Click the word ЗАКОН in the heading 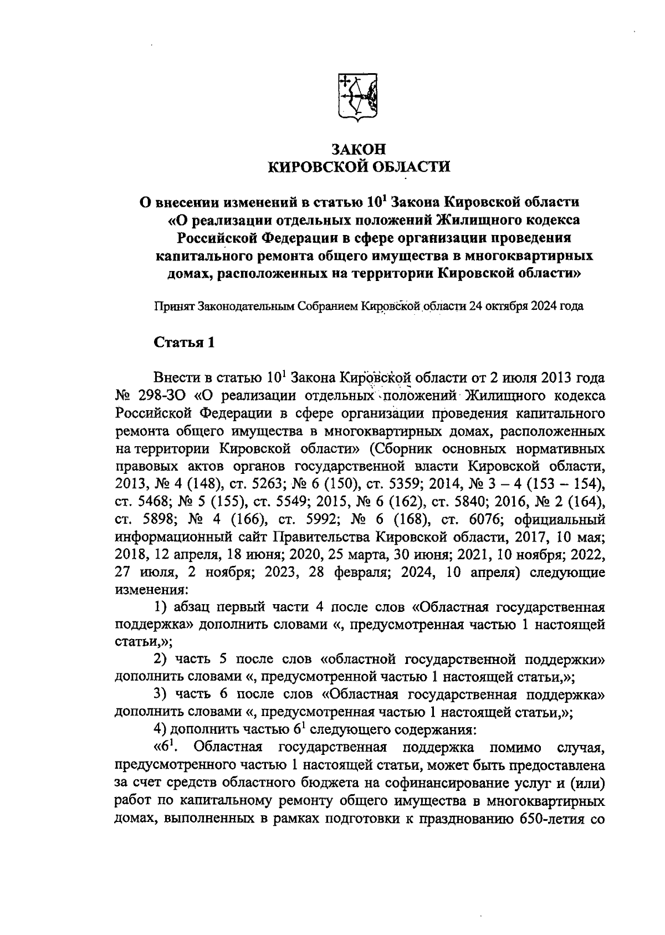[358, 150]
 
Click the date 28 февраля [358, 572]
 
